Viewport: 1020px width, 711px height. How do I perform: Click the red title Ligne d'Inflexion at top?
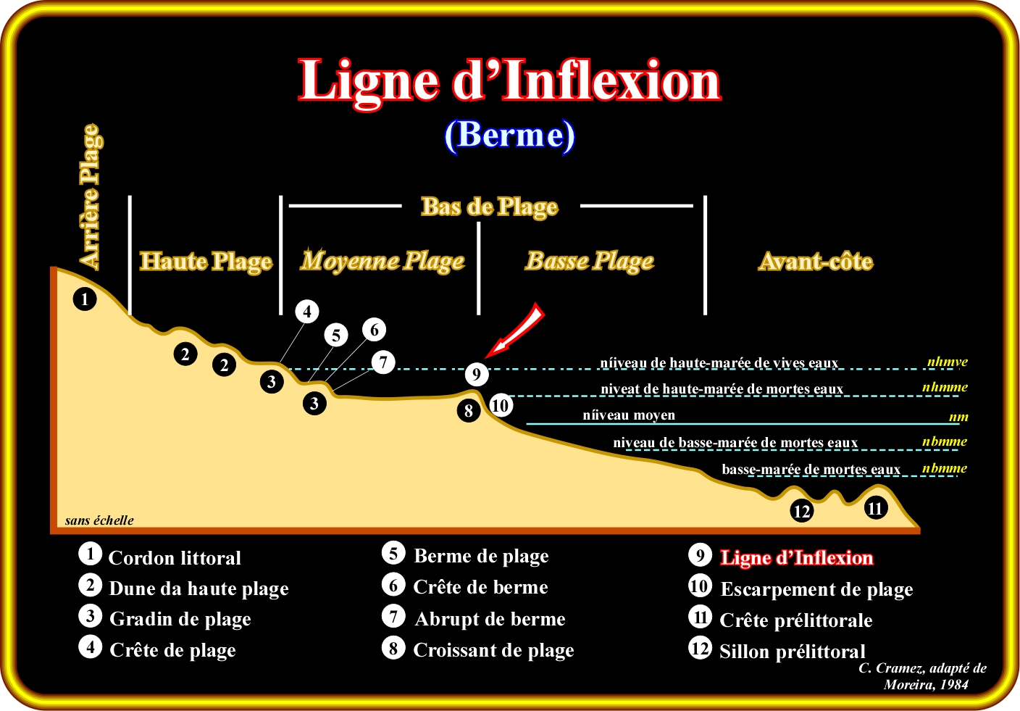coord(509,81)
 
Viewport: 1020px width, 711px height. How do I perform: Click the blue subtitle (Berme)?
coord(509,135)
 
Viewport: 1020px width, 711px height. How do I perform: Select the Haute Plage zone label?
coord(206,261)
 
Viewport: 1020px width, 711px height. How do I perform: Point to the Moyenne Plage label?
coord(382,260)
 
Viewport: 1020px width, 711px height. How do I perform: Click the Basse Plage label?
coord(590,260)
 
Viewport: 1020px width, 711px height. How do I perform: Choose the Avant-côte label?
coord(816,261)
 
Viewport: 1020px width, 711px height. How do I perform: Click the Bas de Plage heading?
coord(490,207)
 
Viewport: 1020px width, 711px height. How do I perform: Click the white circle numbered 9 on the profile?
coord(476,374)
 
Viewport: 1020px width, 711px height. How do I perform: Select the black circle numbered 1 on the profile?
coord(85,299)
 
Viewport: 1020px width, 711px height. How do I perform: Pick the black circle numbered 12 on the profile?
coord(801,511)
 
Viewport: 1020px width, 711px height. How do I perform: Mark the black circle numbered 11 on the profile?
coord(875,508)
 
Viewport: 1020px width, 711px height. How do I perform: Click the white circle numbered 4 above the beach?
coord(307,312)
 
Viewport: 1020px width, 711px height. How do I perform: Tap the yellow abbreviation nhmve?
coord(947,362)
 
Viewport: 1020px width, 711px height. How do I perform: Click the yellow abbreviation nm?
coord(958,417)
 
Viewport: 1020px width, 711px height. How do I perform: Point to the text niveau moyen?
coord(629,415)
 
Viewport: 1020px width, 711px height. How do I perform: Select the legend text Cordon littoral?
coord(175,558)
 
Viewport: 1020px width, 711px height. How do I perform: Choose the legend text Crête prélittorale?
coord(796,620)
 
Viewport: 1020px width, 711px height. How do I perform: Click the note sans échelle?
coord(99,520)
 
